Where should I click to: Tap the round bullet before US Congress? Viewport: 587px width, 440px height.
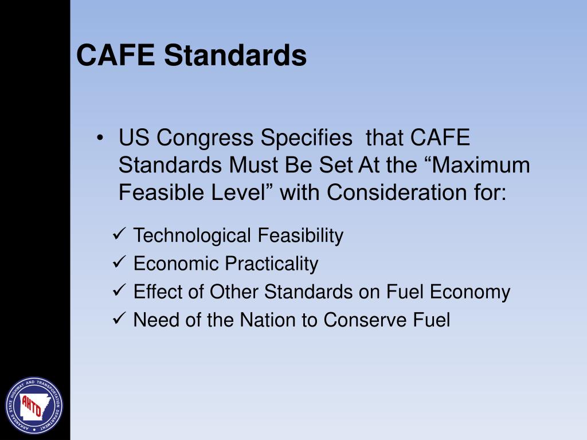[x=101, y=139]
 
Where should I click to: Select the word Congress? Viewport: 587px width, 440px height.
[x=205, y=139]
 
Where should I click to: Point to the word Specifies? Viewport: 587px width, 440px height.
[x=306, y=139]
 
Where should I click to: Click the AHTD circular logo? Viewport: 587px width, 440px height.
[x=34, y=405]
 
